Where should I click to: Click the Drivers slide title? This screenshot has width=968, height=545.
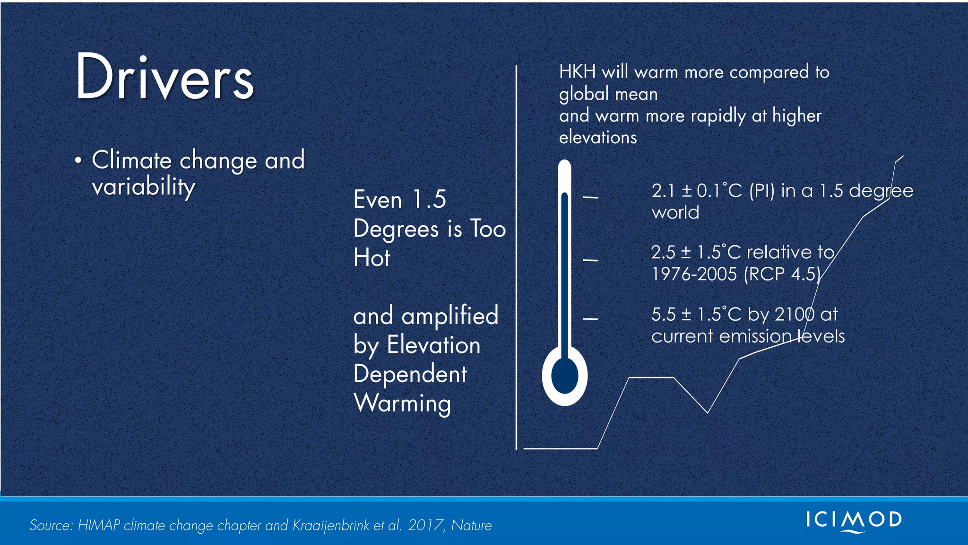164,77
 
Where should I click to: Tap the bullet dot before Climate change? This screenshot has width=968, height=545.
78,160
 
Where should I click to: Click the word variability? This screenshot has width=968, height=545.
143,186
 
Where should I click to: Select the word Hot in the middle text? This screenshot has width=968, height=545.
372,258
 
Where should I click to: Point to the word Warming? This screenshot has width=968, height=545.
402,404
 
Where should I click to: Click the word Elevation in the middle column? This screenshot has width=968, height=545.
433,345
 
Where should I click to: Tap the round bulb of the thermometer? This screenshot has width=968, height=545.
565,376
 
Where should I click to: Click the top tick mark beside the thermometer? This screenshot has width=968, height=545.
590,197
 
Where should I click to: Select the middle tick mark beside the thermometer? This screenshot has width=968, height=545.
590,260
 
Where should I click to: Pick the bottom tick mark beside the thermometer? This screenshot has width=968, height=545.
590,319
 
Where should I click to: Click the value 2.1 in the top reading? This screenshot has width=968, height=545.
663,191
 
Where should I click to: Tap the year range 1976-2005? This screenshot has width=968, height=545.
694,274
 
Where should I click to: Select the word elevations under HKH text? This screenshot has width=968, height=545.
598,138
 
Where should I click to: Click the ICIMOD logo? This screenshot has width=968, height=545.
854,520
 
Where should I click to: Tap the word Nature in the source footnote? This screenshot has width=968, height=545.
471,526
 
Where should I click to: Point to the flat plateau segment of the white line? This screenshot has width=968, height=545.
651,378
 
